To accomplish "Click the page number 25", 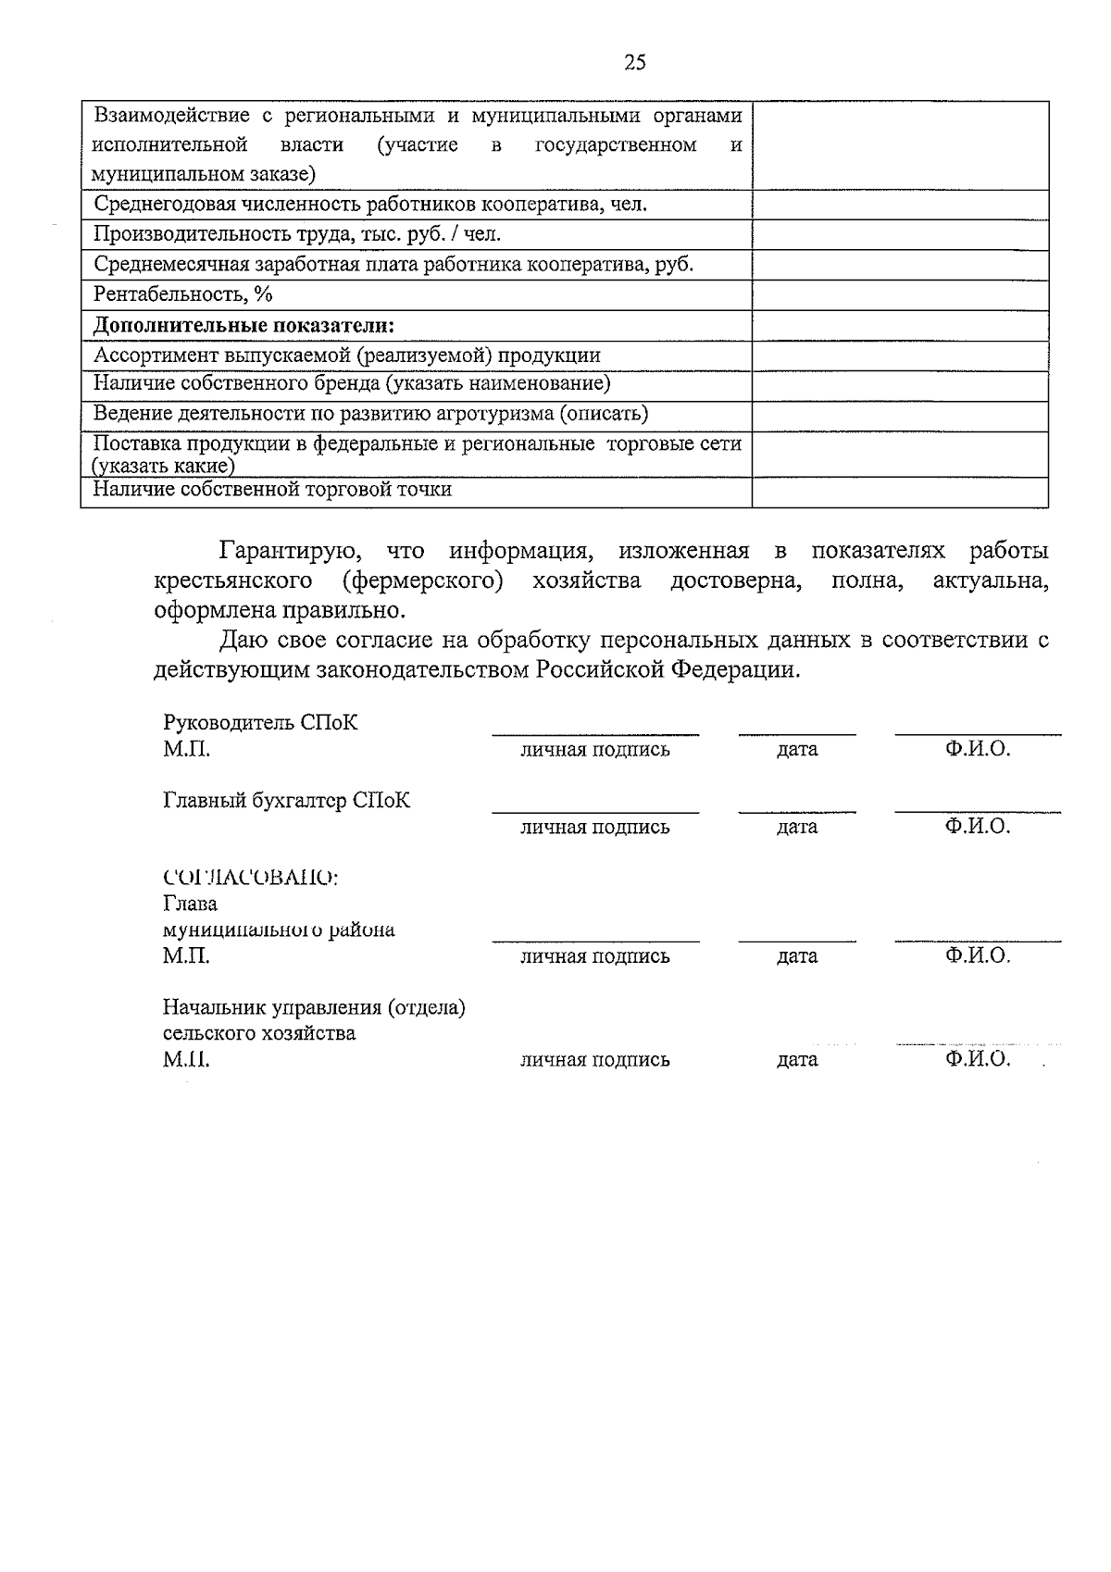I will (635, 63).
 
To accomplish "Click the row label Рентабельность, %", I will (184, 295).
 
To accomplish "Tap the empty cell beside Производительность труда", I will (899, 235).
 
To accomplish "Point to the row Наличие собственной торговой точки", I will (273, 490).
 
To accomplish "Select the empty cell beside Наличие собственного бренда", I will (899, 384).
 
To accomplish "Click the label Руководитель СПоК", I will (260, 723).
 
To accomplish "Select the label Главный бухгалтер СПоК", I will (286, 801).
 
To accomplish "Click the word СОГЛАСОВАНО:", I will (250, 878).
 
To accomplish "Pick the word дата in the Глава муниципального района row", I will (796, 956).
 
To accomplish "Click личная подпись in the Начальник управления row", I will (594, 1060).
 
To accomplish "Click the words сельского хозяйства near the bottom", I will (259, 1033).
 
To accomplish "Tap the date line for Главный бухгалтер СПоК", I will (796, 811).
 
